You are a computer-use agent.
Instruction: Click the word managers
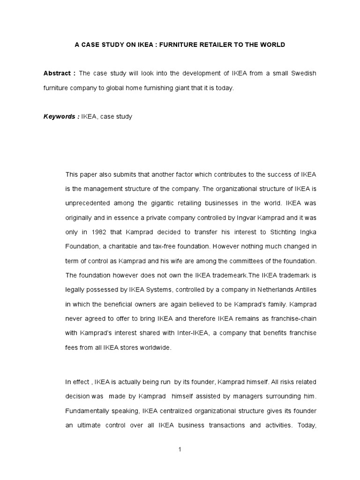click(248, 397)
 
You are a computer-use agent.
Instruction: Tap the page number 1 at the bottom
click(180, 450)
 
